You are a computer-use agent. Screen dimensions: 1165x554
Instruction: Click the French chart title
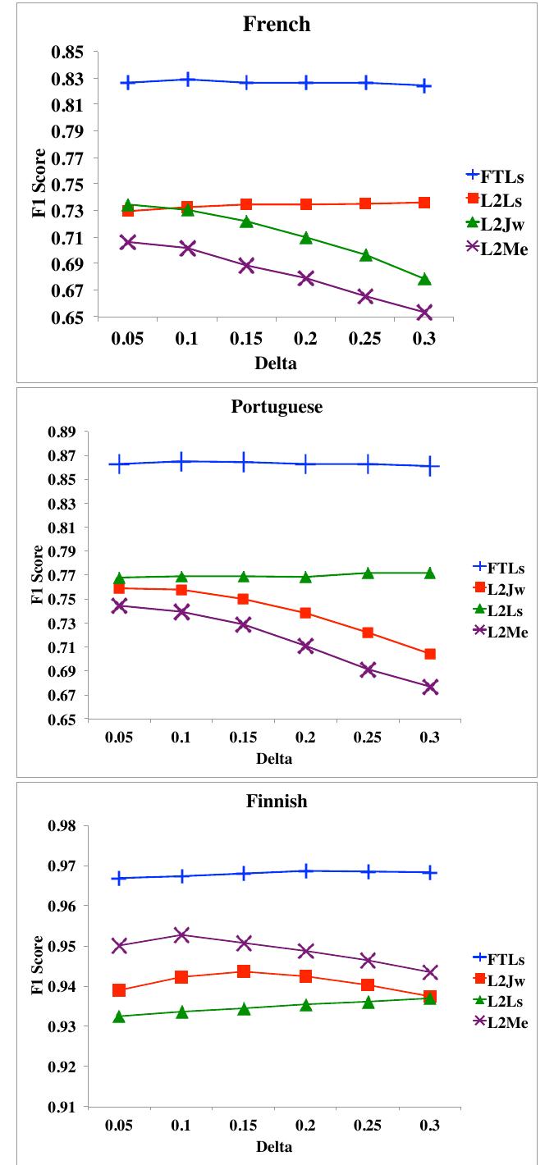tap(277, 24)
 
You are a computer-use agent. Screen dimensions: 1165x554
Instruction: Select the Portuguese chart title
tap(277, 408)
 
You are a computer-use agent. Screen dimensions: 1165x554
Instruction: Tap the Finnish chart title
tap(277, 802)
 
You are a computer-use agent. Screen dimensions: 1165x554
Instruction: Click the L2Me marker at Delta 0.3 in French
tap(424, 313)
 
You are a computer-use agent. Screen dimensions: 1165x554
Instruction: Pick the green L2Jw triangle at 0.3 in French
tap(424, 280)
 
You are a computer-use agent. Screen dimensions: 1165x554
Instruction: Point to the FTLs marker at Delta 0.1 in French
tap(188, 80)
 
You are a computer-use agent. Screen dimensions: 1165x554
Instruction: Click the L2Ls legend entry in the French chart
tap(496, 199)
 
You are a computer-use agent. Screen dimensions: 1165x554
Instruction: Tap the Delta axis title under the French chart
tap(277, 364)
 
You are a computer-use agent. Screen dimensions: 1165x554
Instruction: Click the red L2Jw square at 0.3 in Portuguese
tap(429, 654)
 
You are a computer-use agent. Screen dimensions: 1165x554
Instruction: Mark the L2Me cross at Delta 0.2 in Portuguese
tap(305, 646)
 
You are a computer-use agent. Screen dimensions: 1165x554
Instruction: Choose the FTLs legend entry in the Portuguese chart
tap(501, 567)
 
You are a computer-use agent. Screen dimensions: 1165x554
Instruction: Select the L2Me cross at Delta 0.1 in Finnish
tap(181, 935)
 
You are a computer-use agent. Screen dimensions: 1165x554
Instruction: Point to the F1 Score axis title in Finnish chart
tap(37, 965)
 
